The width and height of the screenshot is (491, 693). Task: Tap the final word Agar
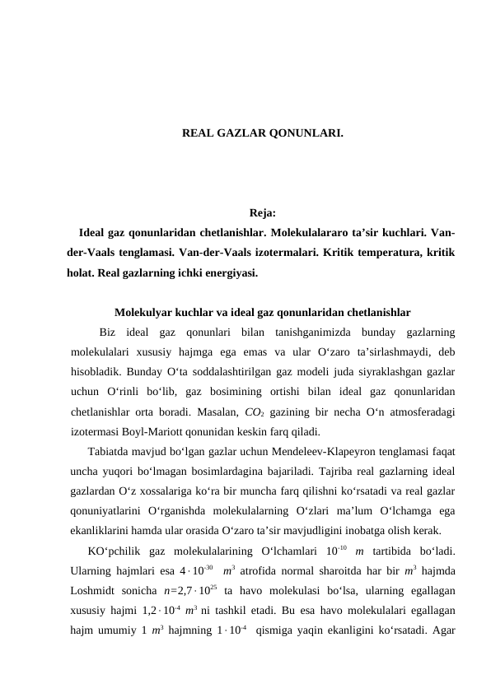441,629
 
